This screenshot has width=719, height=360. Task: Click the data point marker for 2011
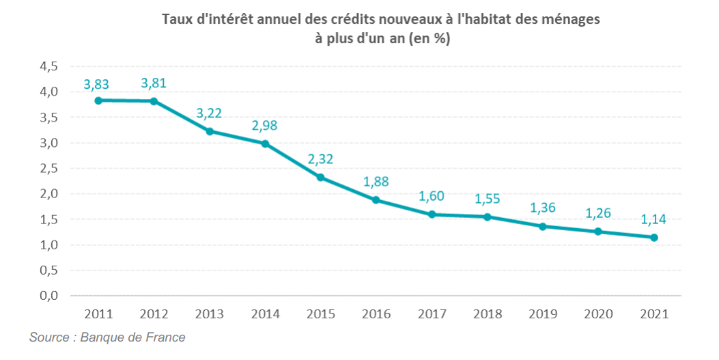pos(98,100)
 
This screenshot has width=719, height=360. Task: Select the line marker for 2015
pos(320,178)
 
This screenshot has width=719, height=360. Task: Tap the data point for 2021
pos(654,238)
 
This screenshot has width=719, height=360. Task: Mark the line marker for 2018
pos(488,217)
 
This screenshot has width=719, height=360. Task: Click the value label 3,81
pos(154,83)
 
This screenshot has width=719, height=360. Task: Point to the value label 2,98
pos(265,126)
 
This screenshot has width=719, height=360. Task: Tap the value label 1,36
pos(543,208)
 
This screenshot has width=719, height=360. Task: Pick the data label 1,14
pos(654,219)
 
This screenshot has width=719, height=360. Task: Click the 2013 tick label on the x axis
pos(210,314)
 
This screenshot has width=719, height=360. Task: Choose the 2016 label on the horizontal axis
pos(376,314)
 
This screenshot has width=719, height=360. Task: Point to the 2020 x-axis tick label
pos(599,314)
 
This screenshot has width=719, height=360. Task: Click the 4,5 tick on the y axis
pos(49,66)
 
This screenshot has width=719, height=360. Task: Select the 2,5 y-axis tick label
pos(49,169)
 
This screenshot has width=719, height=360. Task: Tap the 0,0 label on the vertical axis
pos(49,296)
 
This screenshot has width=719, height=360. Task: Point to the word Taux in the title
pos(177,19)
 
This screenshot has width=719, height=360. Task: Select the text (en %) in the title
pos(430,39)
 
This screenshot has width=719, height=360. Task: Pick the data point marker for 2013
pos(210,131)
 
